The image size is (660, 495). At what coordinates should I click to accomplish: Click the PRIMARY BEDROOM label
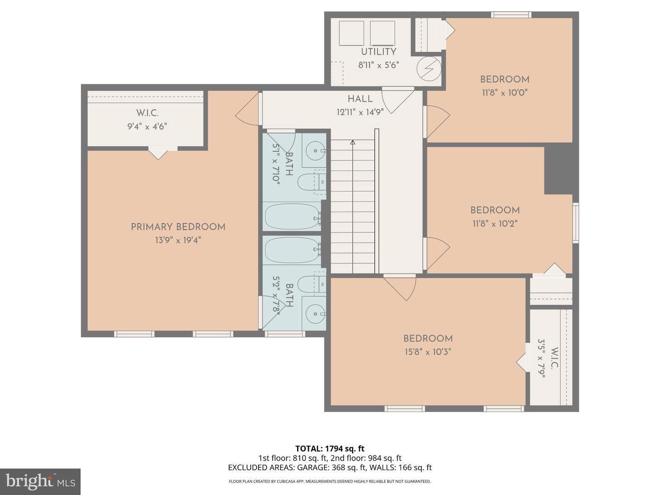click(178, 227)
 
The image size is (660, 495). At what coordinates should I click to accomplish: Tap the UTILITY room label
click(378, 52)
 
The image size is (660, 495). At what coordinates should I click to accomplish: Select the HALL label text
click(360, 99)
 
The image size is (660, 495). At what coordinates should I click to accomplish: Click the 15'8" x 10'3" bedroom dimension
click(428, 352)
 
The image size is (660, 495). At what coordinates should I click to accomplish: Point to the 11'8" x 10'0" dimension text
click(505, 93)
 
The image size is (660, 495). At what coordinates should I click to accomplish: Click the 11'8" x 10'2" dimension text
click(495, 224)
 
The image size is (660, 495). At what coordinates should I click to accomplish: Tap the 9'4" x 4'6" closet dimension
click(147, 126)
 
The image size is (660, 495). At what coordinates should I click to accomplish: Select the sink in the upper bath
click(315, 149)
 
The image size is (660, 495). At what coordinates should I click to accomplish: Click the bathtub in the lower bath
click(292, 250)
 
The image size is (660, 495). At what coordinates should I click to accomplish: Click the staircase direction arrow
click(352, 143)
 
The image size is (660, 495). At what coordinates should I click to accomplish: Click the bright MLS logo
click(40, 481)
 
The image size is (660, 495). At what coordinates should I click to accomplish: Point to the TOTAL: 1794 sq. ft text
click(330, 449)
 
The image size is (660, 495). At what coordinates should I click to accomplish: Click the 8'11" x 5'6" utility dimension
click(378, 65)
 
